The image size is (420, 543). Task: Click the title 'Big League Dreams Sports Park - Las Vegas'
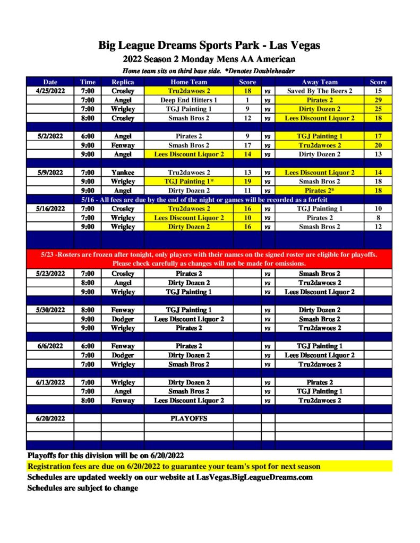pyautogui.click(x=209, y=46)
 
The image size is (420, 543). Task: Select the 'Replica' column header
pyautogui.click(x=122, y=82)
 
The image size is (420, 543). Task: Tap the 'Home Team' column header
pyautogui.click(x=188, y=82)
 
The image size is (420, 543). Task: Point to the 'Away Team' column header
pyautogui.click(x=319, y=82)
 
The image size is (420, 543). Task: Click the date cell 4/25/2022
pyautogui.click(x=50, y=91)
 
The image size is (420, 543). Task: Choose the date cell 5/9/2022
pyautogui.click(x=50, y=172)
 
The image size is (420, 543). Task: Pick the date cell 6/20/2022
pyautogui.click(x=50, y=418)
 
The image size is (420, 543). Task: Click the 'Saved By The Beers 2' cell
pyautogui.click(x=319, y=91)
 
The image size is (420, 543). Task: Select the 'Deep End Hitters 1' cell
pyautogui.click(x=188, y=100)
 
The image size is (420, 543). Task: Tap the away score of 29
pyautogui.click(x=378, y=100)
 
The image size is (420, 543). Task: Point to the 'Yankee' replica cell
pyautogui.click(x=122, y=172)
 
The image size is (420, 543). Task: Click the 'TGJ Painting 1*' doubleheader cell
pyautogui.click(x=188, y=181)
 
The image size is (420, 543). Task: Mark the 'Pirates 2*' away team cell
pyautogui.click(x=319, y=190)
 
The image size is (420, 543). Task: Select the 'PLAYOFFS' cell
pyautogui.click(x=188, y=418)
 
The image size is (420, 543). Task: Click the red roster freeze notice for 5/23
pyautogui.click(x=209, y=259)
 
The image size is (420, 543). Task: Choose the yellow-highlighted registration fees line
pyautogui.click(x=174, y=467)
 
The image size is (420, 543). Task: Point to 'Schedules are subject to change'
pyautogui.click(x=82, y=488)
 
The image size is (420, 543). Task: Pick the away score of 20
pyautogui.click(x=378, y=145)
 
